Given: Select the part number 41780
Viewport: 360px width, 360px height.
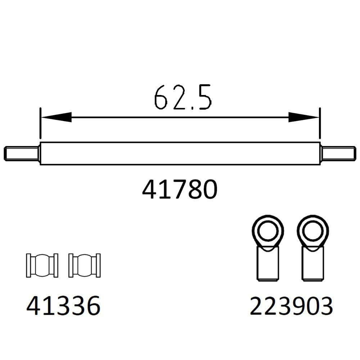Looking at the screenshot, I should (180, 190).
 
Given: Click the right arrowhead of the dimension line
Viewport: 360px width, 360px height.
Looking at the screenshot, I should (305, 117).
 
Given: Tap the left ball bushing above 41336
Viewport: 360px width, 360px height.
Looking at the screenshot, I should (42, 265).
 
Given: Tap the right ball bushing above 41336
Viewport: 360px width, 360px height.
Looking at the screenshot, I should (84, 265).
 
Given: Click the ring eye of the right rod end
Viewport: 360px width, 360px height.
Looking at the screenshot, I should (312, 230).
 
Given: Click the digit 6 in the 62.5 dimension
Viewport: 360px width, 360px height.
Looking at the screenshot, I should (162, 97).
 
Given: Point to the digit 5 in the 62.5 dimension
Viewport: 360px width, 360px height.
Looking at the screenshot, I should (204, 97).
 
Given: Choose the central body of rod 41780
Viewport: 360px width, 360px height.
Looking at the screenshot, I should (180, 153).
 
